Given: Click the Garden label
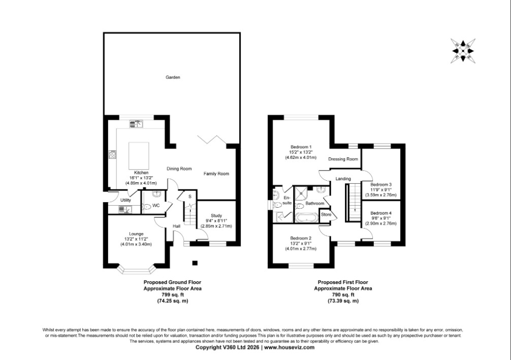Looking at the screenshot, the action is click(173, 77).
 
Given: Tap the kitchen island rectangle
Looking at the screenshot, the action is click(139, 156).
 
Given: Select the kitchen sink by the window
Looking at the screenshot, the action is click(137, 123).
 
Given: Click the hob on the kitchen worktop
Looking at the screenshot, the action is click(113, 154).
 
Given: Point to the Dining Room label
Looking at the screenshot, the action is click(179, 169).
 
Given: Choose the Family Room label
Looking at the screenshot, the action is click(216, 174).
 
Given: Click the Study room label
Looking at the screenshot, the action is click(216, 215).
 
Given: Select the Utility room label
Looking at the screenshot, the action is click(125, 200).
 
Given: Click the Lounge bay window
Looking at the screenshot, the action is click(136, 270).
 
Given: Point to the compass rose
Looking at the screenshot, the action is click(463, 51).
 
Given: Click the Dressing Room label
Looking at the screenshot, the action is click(343, 159).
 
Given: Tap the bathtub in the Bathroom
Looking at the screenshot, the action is click(306, 218).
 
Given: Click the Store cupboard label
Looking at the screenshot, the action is click(326, 214).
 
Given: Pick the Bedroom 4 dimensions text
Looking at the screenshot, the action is click(380, 221).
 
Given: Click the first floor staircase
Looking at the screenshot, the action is click(353, 202).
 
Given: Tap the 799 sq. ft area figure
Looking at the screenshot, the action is click(173, 294).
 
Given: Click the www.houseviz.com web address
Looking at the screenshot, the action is click(289, 347).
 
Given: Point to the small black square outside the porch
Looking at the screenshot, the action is click(195, 263).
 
